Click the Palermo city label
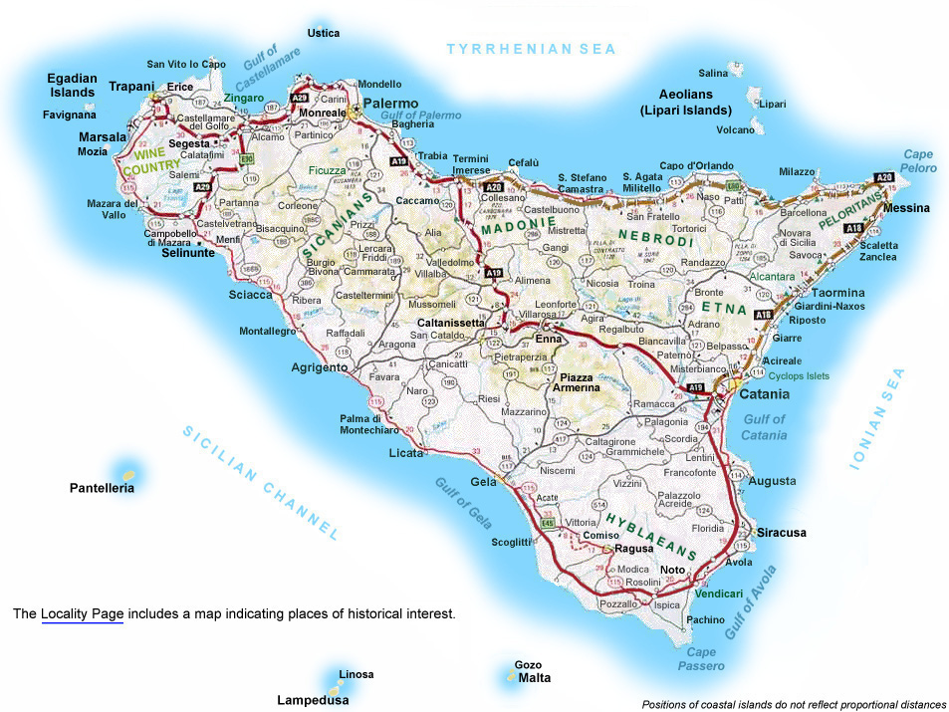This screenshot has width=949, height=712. point(390,103)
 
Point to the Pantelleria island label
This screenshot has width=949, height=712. point(102,488)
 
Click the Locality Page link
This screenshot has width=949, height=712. point(82,614)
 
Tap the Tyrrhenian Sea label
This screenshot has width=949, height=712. point(532,48)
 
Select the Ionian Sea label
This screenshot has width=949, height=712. point(877,418)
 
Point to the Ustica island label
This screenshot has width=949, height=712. point(324,33)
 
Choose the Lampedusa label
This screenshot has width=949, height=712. point(313,700)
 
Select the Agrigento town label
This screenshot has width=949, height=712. point(319,366)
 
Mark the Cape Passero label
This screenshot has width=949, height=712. point(702,659)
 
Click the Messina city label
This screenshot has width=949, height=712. point(905,208)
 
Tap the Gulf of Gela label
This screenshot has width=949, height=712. point(464,502)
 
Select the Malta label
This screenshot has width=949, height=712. point(534,678)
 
